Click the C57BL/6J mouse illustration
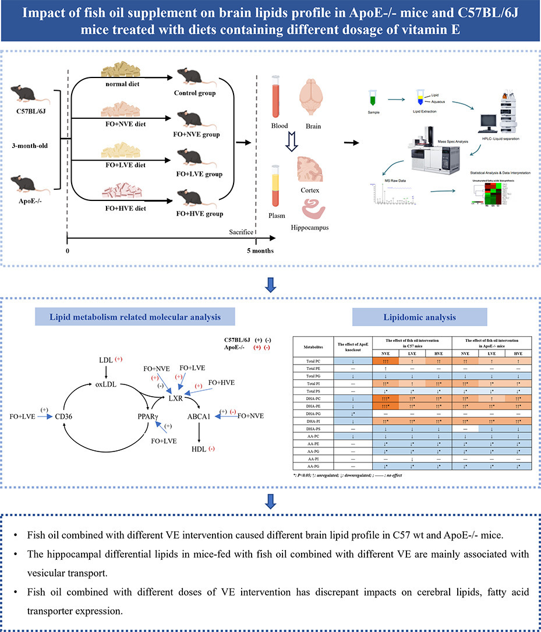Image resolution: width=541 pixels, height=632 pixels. (x=35, y=92)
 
